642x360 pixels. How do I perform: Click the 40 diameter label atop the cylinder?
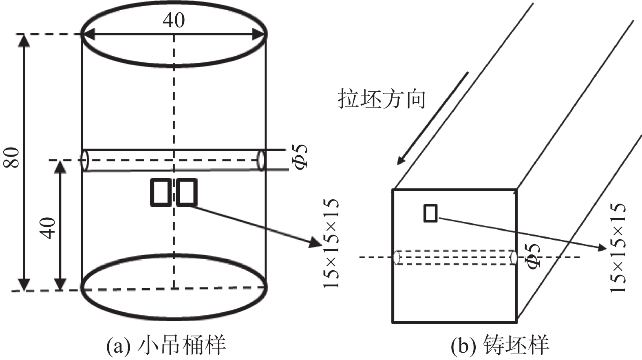pyautogui.click(x=174, y=20)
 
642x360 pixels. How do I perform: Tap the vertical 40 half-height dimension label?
pyautogui.click(x=48, y=228)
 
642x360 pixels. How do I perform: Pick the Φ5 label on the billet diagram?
pyautogui.click(x=534, y=256)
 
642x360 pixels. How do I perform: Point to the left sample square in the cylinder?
pyautogui.click(x=161, y=192)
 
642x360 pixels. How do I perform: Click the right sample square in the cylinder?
pyautogui.click(x=187, y=192)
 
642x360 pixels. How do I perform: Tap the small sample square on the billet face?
pyautogui.click(x=430, y=213)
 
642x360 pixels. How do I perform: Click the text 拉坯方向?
pyautogui.click(x=382, y=99)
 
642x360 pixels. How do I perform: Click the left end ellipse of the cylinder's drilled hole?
pyautogui.click(x=85, y=160)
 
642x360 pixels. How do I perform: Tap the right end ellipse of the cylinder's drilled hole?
pyautogui.click(x=261, y=160)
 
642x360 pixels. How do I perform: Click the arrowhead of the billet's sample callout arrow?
pyautogui.click(x=600, y=247)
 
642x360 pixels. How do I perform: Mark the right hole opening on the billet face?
pyautogui.click(x=514, y=257)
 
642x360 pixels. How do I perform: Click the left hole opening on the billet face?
pyautogui.click(x=396, y=257)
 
